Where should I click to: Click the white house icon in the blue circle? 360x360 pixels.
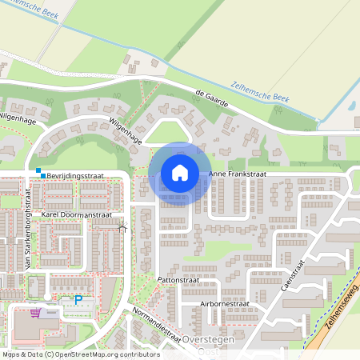tap(180, 172)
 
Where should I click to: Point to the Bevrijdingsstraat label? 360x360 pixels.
tap(77, 174)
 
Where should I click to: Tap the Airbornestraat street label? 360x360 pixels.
tap(226, 305)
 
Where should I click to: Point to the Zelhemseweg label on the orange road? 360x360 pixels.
tap(335, 296)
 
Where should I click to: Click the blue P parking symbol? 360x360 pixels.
tap(78, 300)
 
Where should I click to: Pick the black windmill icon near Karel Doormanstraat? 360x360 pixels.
tap(122, 229)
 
